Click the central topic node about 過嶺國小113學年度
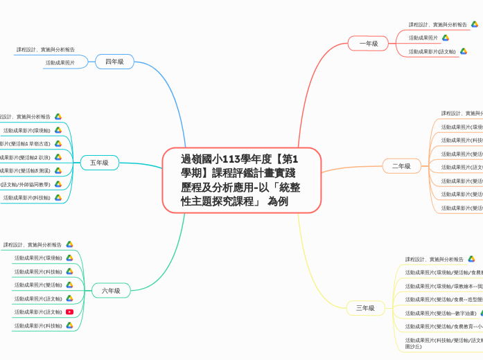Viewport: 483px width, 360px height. tap(241, 180)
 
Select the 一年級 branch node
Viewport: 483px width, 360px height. tap(368, 44)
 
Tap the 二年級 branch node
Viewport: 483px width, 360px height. tap(401, 166)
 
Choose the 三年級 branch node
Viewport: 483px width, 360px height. tap(365, 307)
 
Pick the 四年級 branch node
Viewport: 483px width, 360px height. tap(114, 62)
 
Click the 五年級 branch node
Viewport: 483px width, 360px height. tap(99, 163)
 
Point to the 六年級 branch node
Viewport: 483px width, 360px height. tap(111, 291)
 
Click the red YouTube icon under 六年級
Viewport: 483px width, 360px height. tap(69, 312)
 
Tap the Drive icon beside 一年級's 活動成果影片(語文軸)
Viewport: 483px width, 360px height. tap(463, 51)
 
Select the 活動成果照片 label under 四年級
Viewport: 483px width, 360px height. tap(60, 63)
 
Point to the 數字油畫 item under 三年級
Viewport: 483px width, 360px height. tap(441, 313)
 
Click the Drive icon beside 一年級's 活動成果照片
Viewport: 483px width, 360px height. tap(446, 37)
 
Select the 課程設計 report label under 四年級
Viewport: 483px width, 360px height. tap(46, 50)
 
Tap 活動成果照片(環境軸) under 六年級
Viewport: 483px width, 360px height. tap(38, 258)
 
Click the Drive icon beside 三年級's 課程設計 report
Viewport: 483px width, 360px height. tap(471, 259)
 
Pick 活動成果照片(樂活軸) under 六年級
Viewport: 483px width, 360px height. tap(38, 285)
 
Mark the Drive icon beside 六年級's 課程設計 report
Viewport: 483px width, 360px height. tap(69, 244)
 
